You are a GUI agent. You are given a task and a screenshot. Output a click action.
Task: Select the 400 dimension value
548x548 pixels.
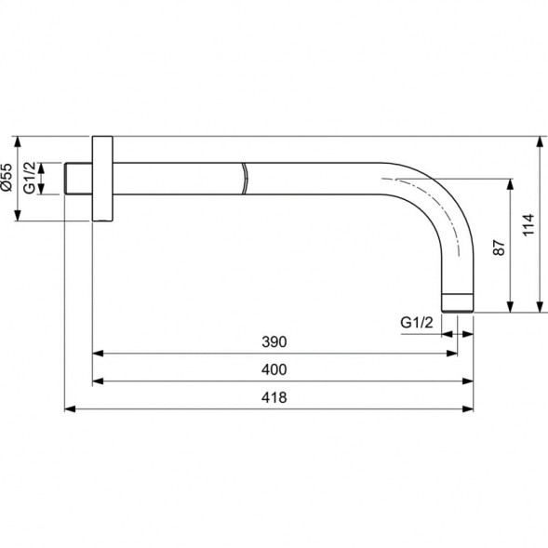274,369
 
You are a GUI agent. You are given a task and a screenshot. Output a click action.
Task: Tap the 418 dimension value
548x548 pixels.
274,397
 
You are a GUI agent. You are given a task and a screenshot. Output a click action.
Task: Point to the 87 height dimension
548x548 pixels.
499,247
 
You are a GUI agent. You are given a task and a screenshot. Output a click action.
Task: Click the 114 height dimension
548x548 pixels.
528,225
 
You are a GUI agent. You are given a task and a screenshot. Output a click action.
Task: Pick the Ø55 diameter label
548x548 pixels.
7,177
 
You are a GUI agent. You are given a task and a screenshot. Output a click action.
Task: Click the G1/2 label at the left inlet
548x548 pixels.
31,178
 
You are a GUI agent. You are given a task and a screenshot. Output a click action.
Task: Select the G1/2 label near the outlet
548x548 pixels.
417,322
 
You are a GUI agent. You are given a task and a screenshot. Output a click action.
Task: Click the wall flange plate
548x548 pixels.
102,179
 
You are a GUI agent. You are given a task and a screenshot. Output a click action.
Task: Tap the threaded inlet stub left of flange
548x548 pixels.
79,179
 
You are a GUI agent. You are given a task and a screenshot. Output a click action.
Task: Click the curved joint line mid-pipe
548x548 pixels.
245,179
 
